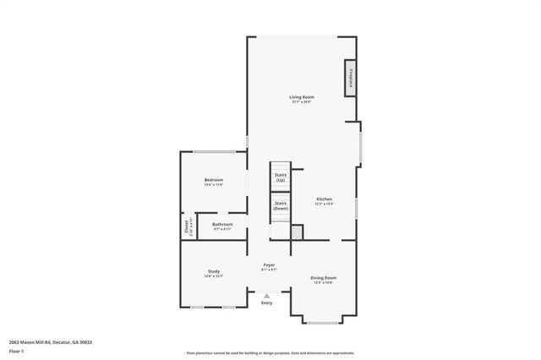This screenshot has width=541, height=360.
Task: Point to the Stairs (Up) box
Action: coord(280,177)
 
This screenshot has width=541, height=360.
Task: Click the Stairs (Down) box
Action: coord(280,205)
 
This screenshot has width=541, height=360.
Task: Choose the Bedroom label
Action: coord(213,180)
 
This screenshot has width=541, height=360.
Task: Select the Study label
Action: coord(213,271)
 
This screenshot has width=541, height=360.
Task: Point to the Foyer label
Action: coord(269,265)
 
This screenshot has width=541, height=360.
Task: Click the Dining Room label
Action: coord(324,277)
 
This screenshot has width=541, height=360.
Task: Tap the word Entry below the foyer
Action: coord(267,303)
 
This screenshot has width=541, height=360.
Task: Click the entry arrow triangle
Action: coord(267,295)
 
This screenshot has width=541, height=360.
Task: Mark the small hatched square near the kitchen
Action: coord(296,231)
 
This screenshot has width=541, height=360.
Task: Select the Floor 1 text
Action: coord(17,350)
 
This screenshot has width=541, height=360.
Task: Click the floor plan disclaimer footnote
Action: coord(270,352)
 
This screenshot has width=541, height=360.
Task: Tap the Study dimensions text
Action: coord(213,276)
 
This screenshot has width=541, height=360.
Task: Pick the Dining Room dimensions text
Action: coord(324,282)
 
